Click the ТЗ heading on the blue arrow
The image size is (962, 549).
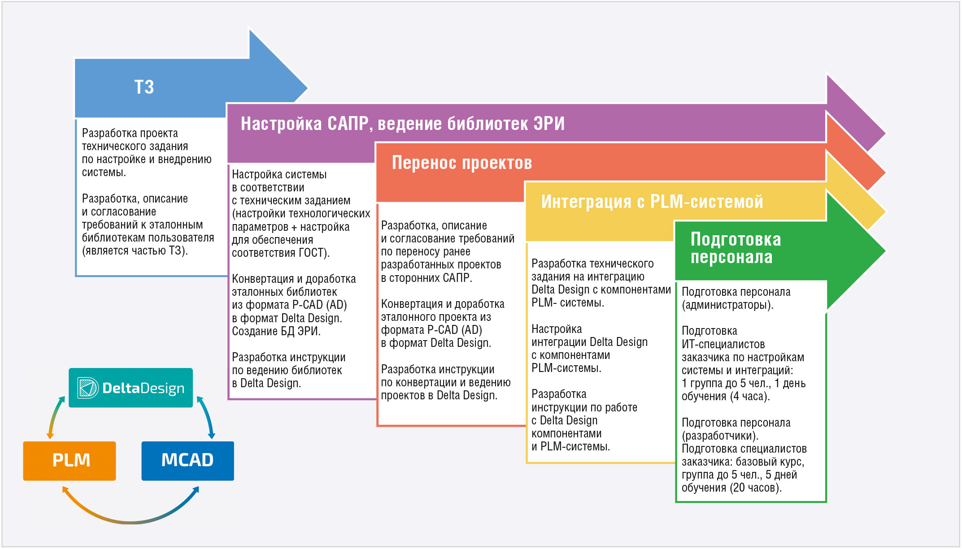coord(144,87)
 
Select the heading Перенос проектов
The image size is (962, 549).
coord(462,163)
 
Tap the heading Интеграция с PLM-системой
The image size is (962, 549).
coord(652,202)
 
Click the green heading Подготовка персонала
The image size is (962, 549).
coord(736,248)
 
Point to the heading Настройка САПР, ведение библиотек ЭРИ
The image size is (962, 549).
coord(403,124)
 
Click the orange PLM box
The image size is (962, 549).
coord(70,461)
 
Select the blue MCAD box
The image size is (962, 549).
coord(187,461)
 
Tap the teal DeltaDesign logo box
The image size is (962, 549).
coord(131,388)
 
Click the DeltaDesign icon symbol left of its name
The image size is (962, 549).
coord(87,388)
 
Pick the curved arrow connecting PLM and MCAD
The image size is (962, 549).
coord(130,522)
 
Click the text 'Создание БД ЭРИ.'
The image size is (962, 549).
coord(276,331)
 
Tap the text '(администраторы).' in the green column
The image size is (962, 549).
coord(727,305)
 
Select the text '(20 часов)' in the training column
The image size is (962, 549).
coord(755,488)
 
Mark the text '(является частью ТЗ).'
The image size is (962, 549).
coord(135,251)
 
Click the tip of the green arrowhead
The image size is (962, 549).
coord(885,251)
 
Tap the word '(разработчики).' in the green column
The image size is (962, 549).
coord(720,436)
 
